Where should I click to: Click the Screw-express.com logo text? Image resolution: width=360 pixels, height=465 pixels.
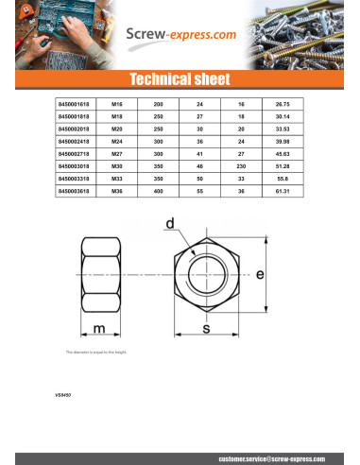[x=182, y=35]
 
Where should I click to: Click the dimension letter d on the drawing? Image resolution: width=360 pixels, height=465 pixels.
[x=170, y=225]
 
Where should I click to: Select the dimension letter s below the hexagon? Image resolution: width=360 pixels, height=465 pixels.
[x=205, y=328]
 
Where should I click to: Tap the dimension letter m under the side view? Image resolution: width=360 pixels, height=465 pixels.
[x=99, y=328]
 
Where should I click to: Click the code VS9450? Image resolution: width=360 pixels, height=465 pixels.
[x=65, y=393]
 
